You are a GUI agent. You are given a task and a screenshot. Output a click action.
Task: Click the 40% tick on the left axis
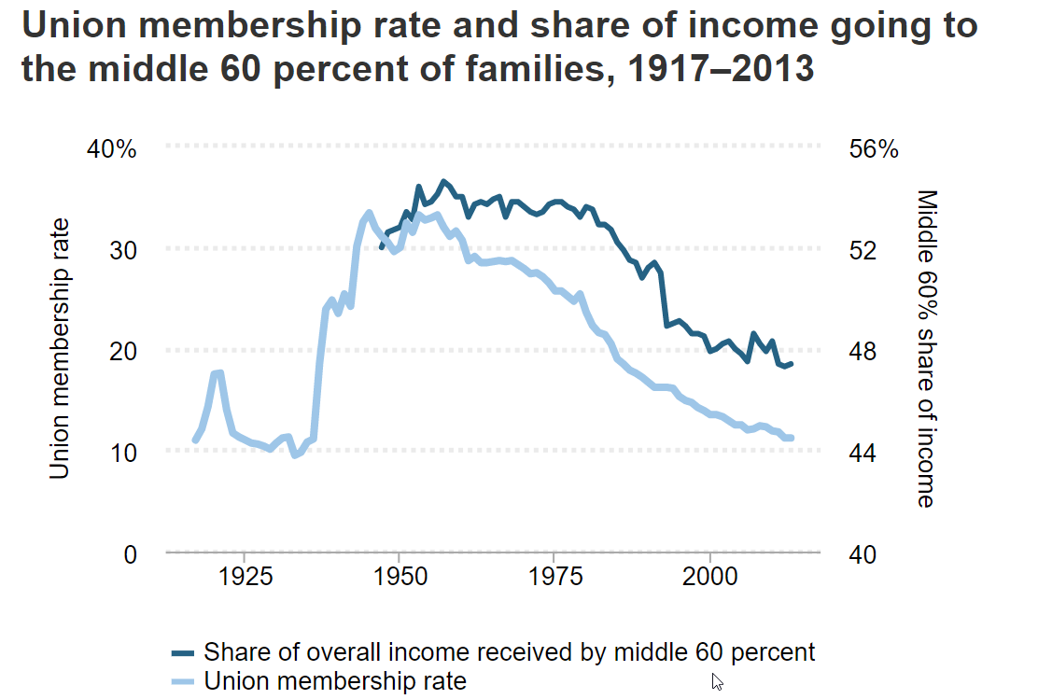click(113, 148)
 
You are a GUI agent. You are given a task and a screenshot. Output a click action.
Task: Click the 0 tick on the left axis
click(130, 554)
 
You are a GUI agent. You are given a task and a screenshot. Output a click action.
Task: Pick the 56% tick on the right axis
click(874, 148)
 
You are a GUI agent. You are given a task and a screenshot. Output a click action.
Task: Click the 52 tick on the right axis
click(863, 250)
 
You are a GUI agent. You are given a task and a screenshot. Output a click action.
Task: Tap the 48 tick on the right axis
click(863, 352)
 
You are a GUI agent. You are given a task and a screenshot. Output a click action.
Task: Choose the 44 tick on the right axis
click(863, 453)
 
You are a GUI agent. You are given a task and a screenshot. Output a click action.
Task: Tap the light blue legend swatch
click(183, 680)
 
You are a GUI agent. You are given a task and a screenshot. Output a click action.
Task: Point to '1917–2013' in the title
click(715, 68)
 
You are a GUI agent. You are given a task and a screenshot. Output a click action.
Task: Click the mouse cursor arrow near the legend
click(716, 680)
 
